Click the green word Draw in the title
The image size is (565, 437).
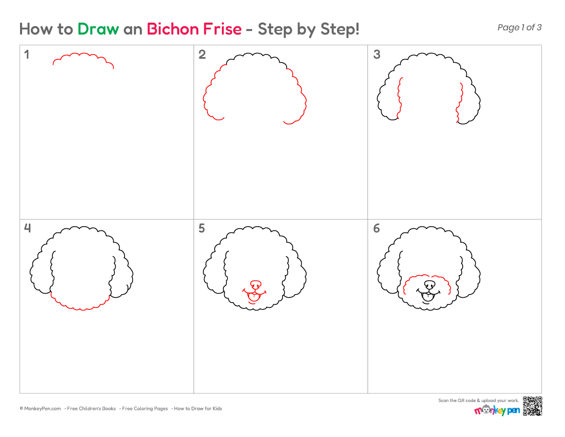click(x=98, y=29)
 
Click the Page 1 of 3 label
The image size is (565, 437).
click(x=519, y=27)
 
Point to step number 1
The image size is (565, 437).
click(x=26, y=54)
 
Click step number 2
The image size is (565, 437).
click(x=202, y=54)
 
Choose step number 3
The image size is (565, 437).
click(x=376, y=54)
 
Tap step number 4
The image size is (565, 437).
click(x=27, y=228)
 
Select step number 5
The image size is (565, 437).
click(x=202, y=228)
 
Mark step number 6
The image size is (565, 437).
click(x=376, y=228)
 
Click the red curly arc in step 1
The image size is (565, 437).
click(x=84, y=53)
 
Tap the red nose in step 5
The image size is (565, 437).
click(x=256, y=284)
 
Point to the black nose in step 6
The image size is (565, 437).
click(x=429, y=284)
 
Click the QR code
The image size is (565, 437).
click(x=533, y=406)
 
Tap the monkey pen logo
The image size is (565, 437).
click(x=497, y=410)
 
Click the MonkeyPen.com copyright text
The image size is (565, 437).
click(x=41, y=409)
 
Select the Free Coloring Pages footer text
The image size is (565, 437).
click(x=145, y=409)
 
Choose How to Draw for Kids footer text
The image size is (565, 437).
click(x=198, y=409)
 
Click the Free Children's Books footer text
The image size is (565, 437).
click(x=91, y=409)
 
